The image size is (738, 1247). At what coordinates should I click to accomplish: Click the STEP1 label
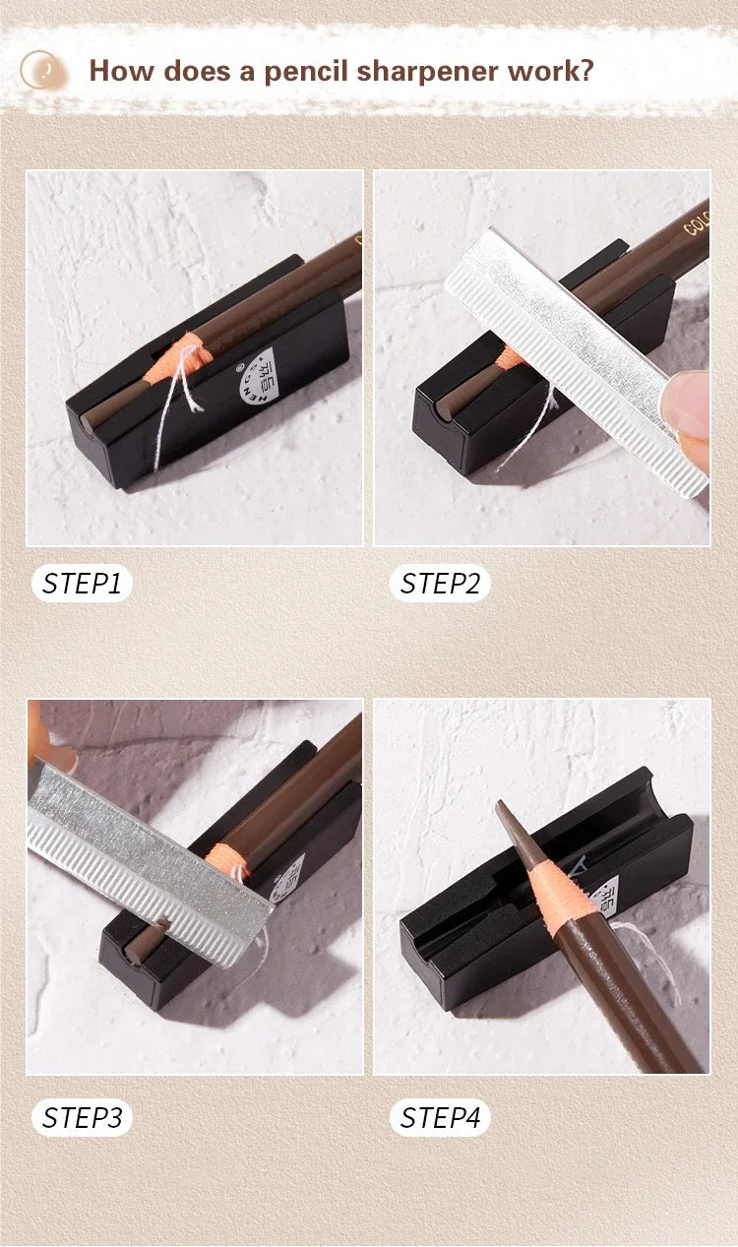point(82,584)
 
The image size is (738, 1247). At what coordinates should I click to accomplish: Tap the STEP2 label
point(440,584)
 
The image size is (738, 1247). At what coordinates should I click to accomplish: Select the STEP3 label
point(82,1118)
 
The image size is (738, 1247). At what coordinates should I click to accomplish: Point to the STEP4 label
point(440,1118)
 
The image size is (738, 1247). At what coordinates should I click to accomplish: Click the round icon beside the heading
point(42,70)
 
